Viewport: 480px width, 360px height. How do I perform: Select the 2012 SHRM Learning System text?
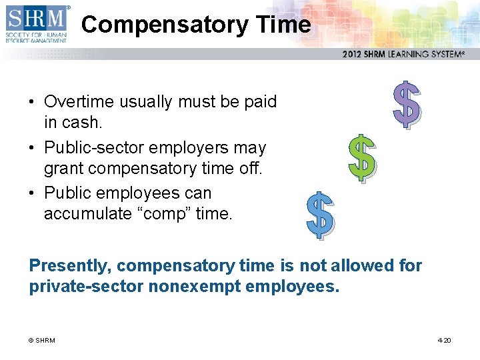coord(403,55)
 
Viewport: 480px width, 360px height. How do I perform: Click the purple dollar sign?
coord(406,104)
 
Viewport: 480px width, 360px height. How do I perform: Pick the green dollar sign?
coord(363,158)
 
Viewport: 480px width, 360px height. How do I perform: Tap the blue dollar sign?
coord(319,215)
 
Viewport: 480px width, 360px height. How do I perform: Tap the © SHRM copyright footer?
coord(41,341)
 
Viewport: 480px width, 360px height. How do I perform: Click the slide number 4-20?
coord(444,341)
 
